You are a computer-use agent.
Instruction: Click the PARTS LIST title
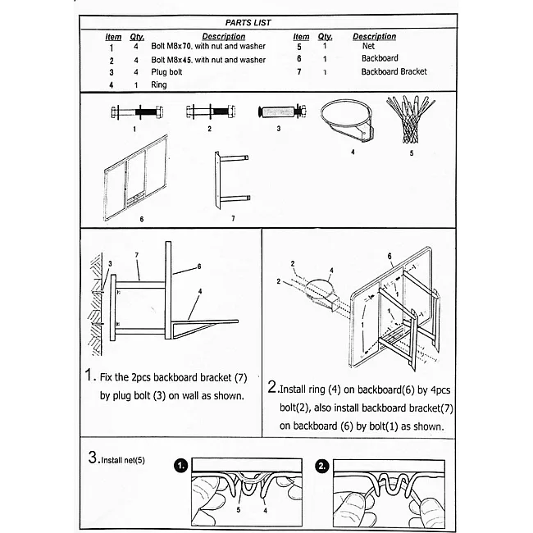point(248,23)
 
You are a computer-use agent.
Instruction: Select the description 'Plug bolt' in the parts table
point(166,72)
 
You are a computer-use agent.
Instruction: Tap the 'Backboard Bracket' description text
point(394,71)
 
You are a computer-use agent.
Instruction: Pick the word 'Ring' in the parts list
point(159,84)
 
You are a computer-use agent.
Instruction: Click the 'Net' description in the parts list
point(368,46)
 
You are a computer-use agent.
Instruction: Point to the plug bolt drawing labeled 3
point(282,112)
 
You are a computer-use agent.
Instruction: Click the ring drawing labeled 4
point(348,121)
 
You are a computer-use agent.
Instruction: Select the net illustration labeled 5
point(410,119)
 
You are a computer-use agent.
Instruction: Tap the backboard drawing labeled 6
point(135,178)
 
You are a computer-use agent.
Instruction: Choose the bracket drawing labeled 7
point(232,180)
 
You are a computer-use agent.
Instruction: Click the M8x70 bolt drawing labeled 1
point(137,112)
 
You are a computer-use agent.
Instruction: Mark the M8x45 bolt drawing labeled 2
point(211,112)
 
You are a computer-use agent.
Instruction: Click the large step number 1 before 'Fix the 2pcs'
point(89,375)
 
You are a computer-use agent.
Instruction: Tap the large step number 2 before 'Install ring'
point(272,386)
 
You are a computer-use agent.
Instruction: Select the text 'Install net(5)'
point(123,460)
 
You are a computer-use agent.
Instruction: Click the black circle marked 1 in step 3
point(181,466)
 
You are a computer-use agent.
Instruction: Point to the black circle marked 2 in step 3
point(321,466)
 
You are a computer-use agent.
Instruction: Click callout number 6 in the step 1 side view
point(199,266)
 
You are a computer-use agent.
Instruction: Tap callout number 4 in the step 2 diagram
point(331,271)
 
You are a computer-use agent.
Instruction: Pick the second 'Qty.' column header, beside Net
point(326,37)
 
